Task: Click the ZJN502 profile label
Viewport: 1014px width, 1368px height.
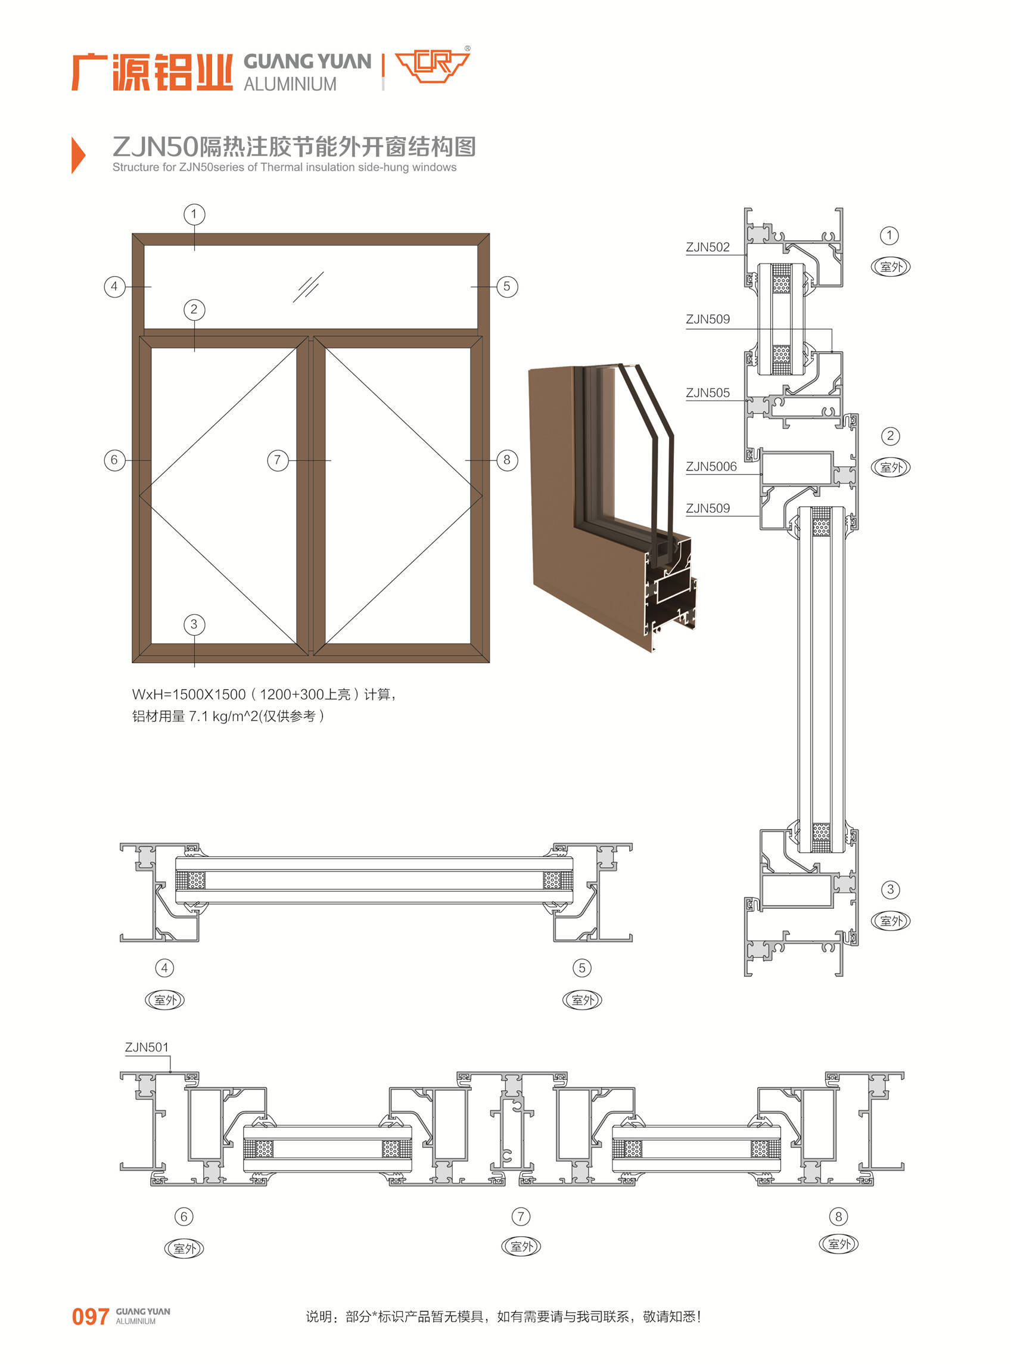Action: click(x=707, y=247)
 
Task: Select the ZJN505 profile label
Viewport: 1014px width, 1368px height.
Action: click(x=707, y=392)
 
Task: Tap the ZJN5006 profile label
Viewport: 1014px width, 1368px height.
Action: click(x=711, y=466)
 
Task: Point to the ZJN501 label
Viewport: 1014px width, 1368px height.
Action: click(x=147, y=1047)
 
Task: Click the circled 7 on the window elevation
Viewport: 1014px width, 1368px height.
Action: click(x=278, y=460)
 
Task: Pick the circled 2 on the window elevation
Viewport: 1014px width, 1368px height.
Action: click(x=194, y=309)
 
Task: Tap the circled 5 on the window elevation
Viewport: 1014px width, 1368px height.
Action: click(x=506, y=286)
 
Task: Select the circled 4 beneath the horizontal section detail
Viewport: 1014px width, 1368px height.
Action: click(x=164, y=968)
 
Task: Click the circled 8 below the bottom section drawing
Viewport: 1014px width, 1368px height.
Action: click(x=838, y=1217)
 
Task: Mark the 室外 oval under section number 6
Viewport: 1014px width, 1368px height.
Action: click(x=184, y=1248)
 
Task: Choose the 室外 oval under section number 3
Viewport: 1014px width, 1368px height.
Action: click(x=891, y=921)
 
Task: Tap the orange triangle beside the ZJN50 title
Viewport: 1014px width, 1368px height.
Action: click(x=78, y=155)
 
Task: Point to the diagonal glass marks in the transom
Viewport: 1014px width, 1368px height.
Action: click(x=308, y=287)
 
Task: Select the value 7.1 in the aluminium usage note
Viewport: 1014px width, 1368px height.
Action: click(x=198, y=716)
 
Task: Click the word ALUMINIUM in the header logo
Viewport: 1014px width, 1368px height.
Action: click(x=290, y=84)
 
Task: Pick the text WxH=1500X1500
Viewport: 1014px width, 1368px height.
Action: click(x=189, y=695)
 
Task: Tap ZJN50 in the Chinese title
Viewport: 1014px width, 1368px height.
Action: click(x=156, y=147)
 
